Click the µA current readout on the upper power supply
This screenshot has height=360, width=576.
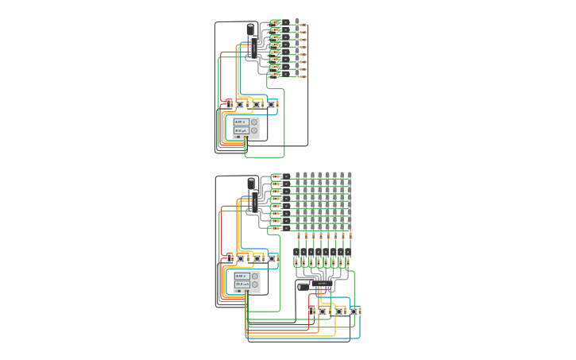pos(241,130)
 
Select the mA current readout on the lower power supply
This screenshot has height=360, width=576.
pos(242,284)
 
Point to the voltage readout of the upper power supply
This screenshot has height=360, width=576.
pos(241,122)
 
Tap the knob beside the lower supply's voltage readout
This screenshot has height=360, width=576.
pos(255,276)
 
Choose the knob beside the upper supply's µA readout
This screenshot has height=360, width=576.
pos(255,130)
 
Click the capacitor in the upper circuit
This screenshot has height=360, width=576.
pos(251,30)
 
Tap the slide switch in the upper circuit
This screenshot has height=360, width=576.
pos(229,103)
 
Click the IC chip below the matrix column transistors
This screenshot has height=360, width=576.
pos(323,284)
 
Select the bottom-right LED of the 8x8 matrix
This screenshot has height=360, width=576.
pos(350,227)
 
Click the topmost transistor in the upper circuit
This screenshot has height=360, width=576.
pos(285,22)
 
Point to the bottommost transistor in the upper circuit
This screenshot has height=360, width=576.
pos(285,74)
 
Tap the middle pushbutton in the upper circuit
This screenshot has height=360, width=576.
pos(257,104)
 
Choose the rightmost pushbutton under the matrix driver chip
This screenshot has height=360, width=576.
pos(355,311)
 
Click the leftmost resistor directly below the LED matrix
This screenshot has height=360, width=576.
pos(298,236)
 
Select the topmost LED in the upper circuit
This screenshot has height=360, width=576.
pos(297,21)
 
